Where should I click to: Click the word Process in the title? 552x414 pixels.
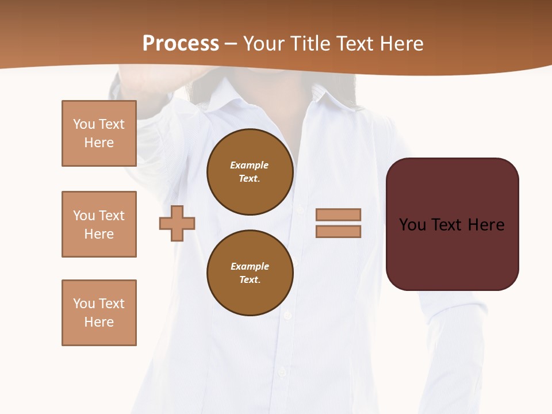point(181,44)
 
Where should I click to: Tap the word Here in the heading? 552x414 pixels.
point(401,44)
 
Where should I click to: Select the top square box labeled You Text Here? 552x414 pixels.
point(99,133)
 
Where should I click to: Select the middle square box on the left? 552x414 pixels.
point(99,224)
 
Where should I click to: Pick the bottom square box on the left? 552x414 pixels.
point(99,313)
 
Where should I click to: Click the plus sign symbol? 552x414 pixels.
point(177,223)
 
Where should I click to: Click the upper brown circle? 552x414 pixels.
point(250,172)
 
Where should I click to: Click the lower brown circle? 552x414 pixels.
point(250,273)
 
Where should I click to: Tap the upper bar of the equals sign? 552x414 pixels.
point(338,214)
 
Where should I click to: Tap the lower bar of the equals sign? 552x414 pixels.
point(338,232)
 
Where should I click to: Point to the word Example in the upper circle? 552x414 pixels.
point(250,165)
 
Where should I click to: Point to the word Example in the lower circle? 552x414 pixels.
point(250,266)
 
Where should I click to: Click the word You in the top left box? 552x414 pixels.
point(84,124)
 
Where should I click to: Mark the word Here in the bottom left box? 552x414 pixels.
point(99,322)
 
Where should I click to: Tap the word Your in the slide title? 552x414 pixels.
point(264,44)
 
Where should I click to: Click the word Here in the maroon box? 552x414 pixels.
point(486,225)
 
